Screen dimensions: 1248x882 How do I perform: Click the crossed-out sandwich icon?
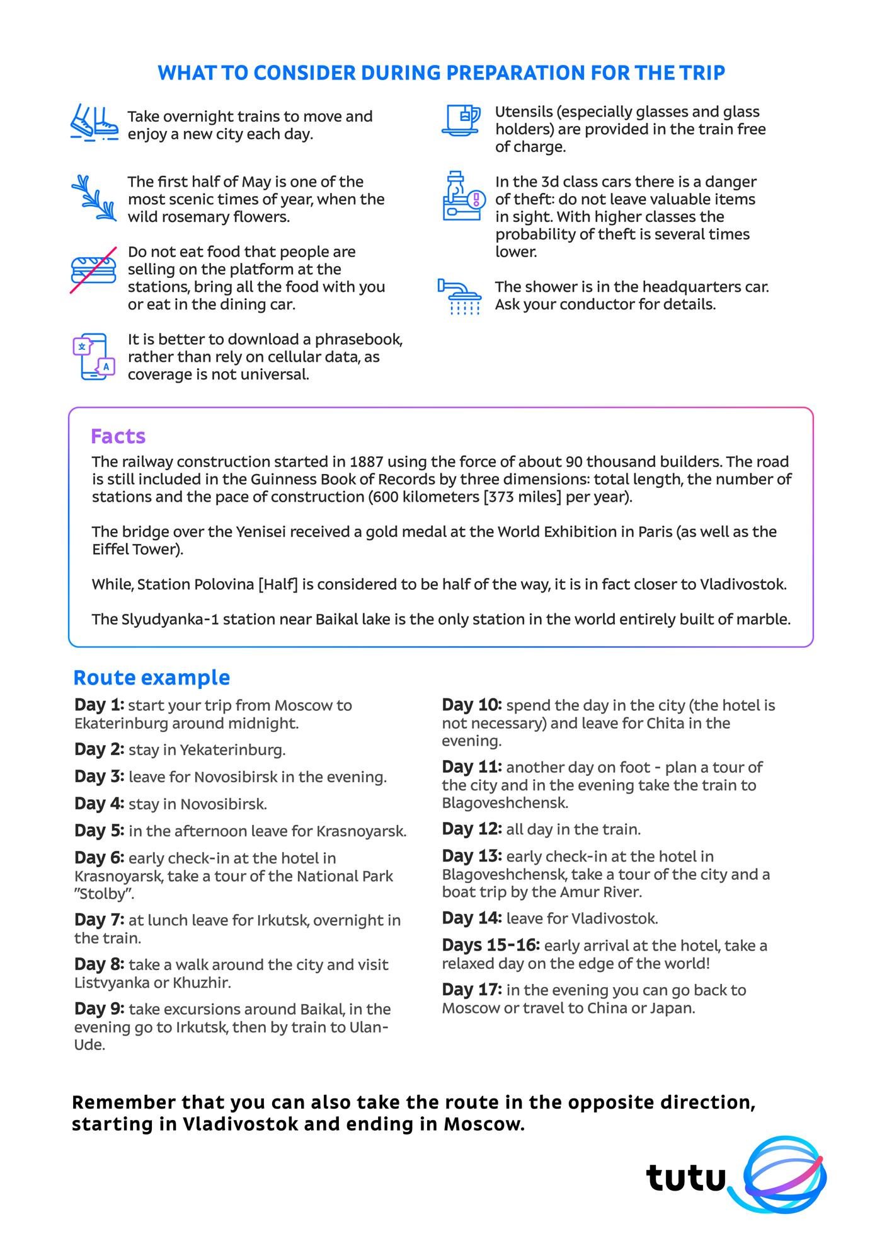[x=93, y=270]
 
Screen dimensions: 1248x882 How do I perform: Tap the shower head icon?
[x=461, y=296]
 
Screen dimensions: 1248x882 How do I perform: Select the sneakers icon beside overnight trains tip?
[x=94, y=122]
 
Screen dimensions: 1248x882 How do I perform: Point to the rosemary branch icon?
[x=94, y=198]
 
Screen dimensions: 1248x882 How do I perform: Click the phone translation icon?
[x=94, y=356]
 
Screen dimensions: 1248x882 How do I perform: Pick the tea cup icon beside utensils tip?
[x=461, y=120]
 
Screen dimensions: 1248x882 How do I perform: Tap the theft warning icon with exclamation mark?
[x=464, y=196]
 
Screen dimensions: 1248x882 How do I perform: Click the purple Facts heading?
[x=118, y=436]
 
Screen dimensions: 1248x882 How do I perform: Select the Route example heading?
[x=152, y=678]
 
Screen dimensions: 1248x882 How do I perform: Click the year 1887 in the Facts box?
[x=367, y=461]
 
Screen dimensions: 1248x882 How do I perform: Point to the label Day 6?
[x=100, y=858]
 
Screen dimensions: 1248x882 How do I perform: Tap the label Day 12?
[x=472, y=829]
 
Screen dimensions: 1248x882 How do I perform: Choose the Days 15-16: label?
[x=491, y=945]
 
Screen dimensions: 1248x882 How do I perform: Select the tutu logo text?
[x=685, y=1177]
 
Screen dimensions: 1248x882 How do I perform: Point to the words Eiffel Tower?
[x=137, y=549]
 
